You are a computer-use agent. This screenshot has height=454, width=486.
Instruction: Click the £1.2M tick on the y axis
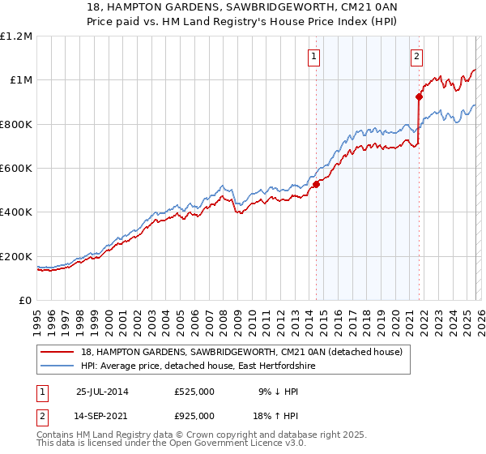17,36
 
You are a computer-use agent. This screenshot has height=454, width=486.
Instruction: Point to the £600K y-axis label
16,168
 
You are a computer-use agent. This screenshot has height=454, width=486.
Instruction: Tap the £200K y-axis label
16,256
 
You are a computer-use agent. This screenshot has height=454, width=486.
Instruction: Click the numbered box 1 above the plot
313,56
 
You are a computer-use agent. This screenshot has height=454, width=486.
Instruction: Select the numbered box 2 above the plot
416,56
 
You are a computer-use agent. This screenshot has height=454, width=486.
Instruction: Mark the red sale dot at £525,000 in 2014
316,184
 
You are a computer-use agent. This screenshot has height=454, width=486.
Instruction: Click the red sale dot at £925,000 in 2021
419,96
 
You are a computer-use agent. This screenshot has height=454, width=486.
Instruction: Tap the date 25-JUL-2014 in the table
101,391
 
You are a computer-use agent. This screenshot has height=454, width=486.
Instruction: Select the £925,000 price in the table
194,415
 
